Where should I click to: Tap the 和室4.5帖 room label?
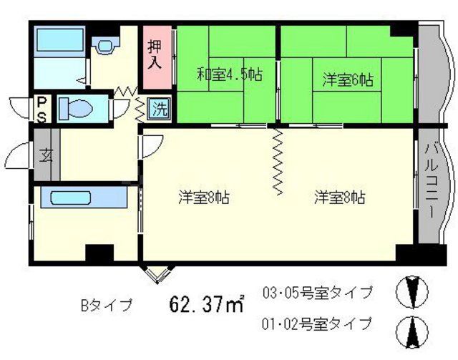point(220,72)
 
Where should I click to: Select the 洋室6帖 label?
point(347,79)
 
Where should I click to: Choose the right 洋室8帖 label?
point(340,198)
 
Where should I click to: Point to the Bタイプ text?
point(106,306)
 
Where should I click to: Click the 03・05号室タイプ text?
point(318,292)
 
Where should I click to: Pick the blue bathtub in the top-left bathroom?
point(60,42)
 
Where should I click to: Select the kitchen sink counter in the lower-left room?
point(82,197)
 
